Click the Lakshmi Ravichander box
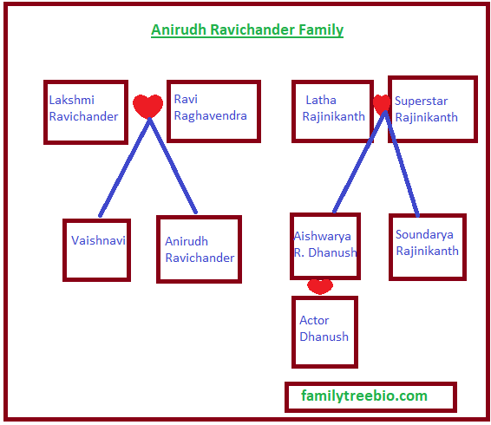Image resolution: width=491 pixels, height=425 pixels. pos(46,112)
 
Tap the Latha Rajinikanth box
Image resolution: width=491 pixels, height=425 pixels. pos(294,111)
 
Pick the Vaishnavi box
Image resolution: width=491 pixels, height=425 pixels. pos(65,250)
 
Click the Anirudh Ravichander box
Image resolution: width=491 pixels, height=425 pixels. pos(159,249)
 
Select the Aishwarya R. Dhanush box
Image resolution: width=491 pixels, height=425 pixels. pos(292,246)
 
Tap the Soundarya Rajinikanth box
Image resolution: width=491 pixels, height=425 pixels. pos(390,247)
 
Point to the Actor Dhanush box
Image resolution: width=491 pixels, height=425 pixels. pos(294,332)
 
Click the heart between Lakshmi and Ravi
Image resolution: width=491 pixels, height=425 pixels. pos(147,106)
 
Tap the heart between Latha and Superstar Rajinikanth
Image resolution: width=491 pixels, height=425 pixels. pos(382,104)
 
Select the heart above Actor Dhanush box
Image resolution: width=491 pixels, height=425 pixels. pos(320,286)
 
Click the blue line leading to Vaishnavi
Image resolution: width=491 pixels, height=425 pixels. pos(125,167)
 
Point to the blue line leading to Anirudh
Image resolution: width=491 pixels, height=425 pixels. pos(173,166)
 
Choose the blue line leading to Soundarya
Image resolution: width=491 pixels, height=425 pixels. pos(402,163)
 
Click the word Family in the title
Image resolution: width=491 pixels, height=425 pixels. pos(321,30)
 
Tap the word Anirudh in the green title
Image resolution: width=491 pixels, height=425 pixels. pos(179,29)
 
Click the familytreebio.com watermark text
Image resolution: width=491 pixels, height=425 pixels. pos(364,396)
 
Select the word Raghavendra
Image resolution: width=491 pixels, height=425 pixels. pos(211,116)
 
